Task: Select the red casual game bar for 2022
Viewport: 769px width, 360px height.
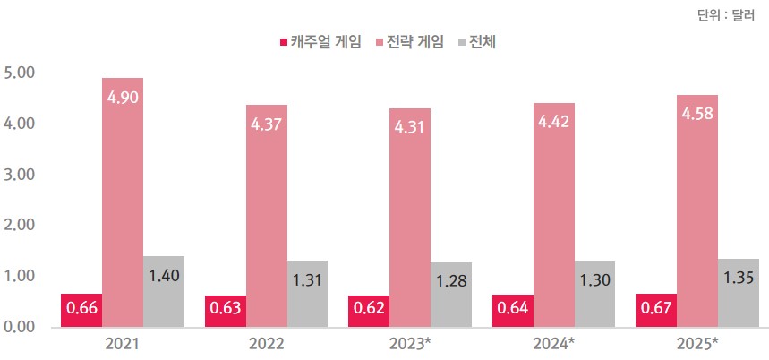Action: [226, 311]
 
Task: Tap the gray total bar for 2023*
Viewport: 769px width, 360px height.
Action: [451, 296]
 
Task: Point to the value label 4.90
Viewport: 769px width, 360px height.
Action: [122, 96]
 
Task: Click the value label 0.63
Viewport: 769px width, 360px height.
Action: [226, 310]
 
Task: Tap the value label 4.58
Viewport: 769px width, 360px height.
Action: [697, 113]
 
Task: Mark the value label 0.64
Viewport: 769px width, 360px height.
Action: [513, 310]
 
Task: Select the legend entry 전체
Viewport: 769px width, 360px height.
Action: [482, 42]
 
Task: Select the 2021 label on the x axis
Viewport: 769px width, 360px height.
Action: [122, 345]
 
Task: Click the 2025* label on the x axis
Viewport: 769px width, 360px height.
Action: [697, 345]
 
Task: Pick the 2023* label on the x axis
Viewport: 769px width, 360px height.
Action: [410, 345]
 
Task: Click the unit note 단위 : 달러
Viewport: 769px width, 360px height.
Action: [725, 13]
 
